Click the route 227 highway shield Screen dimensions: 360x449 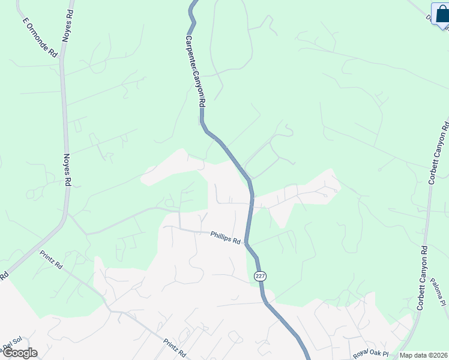coord(259,276)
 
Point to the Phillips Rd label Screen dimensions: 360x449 coord(225,237)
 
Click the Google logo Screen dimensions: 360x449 coord(19,353)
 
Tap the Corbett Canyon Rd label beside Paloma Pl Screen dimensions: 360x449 coord(421,277)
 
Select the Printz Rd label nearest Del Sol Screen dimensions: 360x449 coord(52,260)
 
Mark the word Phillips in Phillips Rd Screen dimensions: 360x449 coord(221,236)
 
